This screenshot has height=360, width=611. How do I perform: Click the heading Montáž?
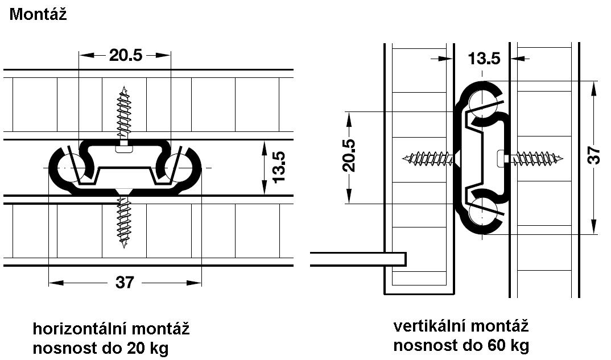[x=38, y=14]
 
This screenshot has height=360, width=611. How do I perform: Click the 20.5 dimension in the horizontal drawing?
[x=126, y=55]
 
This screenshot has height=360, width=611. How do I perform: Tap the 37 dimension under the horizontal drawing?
[x=125, y=282]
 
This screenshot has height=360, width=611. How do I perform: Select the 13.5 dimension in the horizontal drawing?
[x=279, y=167]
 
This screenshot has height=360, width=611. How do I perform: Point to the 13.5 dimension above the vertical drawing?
[x=484, y=59]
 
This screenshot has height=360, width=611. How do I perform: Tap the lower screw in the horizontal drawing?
[x=124, y=220]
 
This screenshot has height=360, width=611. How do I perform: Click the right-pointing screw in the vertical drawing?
[x=531, y=159]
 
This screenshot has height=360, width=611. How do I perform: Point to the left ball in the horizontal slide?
[x=72, y=168]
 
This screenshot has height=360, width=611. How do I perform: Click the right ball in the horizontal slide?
[x=179, y=168]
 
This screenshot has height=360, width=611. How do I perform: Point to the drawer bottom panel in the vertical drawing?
[x=358, y=259]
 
